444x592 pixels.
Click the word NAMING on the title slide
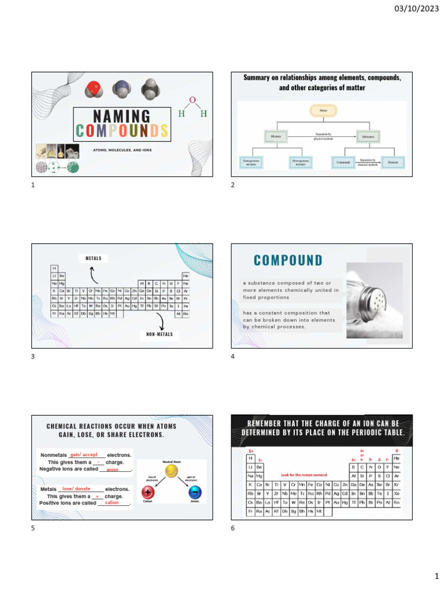tap(122, 116)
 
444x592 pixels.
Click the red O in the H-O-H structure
tap(193, 101)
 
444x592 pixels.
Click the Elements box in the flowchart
tap(395, 163)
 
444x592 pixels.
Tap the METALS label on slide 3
tap(93, 258)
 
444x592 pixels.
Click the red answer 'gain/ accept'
tap(84, 454)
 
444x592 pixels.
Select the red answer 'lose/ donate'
tap(76, 489)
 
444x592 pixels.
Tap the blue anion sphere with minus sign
tap(194, 492)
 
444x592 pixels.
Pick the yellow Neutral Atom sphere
tap(171, 471)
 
